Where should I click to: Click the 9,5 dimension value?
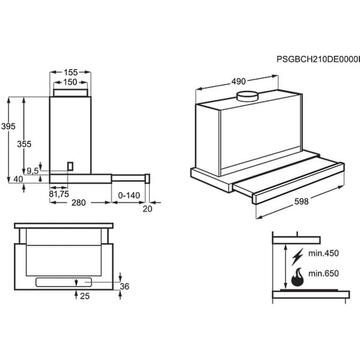(x=33, y=171)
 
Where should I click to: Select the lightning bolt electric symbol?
(x=297, y=253)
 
